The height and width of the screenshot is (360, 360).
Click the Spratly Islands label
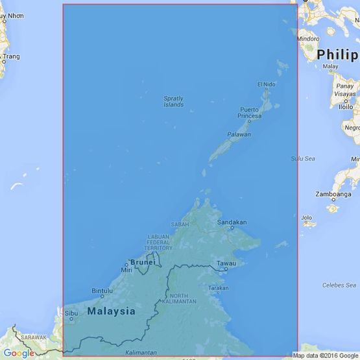point(173,101)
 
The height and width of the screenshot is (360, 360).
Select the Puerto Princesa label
point(250,112)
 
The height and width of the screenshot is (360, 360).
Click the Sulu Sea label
point(302,158)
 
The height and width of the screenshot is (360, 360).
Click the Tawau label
point(227,263)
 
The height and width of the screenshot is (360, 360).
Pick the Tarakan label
point(219,287)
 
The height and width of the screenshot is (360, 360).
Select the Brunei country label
point(141,262)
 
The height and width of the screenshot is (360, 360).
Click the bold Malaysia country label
point(111,311)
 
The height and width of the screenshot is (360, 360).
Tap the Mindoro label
point(309,39)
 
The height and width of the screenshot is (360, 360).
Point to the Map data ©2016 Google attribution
point(325,355)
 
